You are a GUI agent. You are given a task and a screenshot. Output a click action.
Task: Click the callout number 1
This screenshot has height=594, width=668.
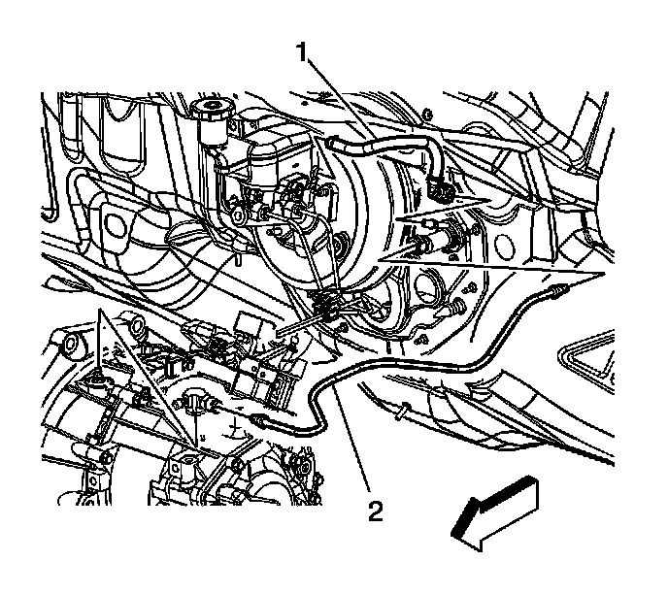(x=302, y=52)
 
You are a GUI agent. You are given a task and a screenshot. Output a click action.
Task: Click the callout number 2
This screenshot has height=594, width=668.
(x=376, y=511)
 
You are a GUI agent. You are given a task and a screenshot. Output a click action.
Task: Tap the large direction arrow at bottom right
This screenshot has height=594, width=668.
(x=495, y=512)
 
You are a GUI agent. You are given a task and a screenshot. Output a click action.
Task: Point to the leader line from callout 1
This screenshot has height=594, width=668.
(x=341, y=99)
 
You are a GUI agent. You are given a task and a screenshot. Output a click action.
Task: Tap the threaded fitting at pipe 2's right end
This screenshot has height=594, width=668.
(x=558, y=292)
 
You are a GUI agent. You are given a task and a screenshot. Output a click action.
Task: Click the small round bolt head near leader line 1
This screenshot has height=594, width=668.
(x=428, y=115)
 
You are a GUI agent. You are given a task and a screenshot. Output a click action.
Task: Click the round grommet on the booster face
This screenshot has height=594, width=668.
(x=341, y=245)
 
